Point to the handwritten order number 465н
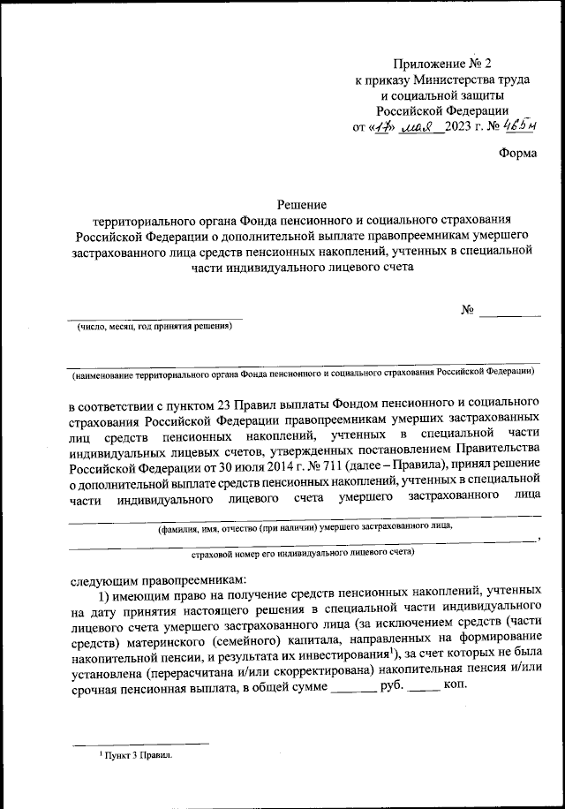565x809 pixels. pyautogui.click(x=526, y=125)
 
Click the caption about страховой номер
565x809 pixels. pyautogui.click(x=303, y=552)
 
